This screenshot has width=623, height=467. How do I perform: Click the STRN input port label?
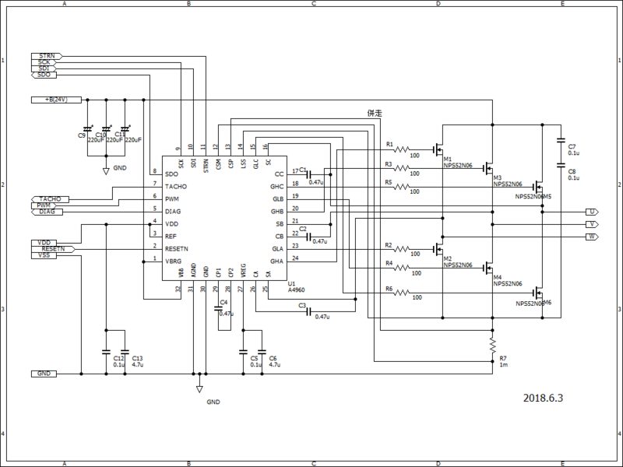click(x=46, y=56)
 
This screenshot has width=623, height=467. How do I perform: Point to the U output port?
click(x=592, y=212)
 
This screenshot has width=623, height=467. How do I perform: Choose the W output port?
click(x=592, y=236)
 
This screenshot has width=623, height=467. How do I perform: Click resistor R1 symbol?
click(x=402, y=149)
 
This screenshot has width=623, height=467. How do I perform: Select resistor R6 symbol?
click(x=402, y=293)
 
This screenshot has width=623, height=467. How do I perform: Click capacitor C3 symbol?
click(x=308, y=311)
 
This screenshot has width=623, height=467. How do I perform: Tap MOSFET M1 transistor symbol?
click(x=439, y=149)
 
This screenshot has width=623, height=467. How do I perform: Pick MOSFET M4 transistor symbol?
click(x=489, y=273)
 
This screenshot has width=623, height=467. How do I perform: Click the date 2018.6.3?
click(x=543, y=398)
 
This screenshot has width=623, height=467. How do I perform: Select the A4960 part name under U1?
click(x=296, y=290)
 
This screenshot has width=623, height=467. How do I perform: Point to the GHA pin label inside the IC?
click(x=276, y=261)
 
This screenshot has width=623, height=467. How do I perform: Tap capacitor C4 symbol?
click(x=219, y=308)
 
